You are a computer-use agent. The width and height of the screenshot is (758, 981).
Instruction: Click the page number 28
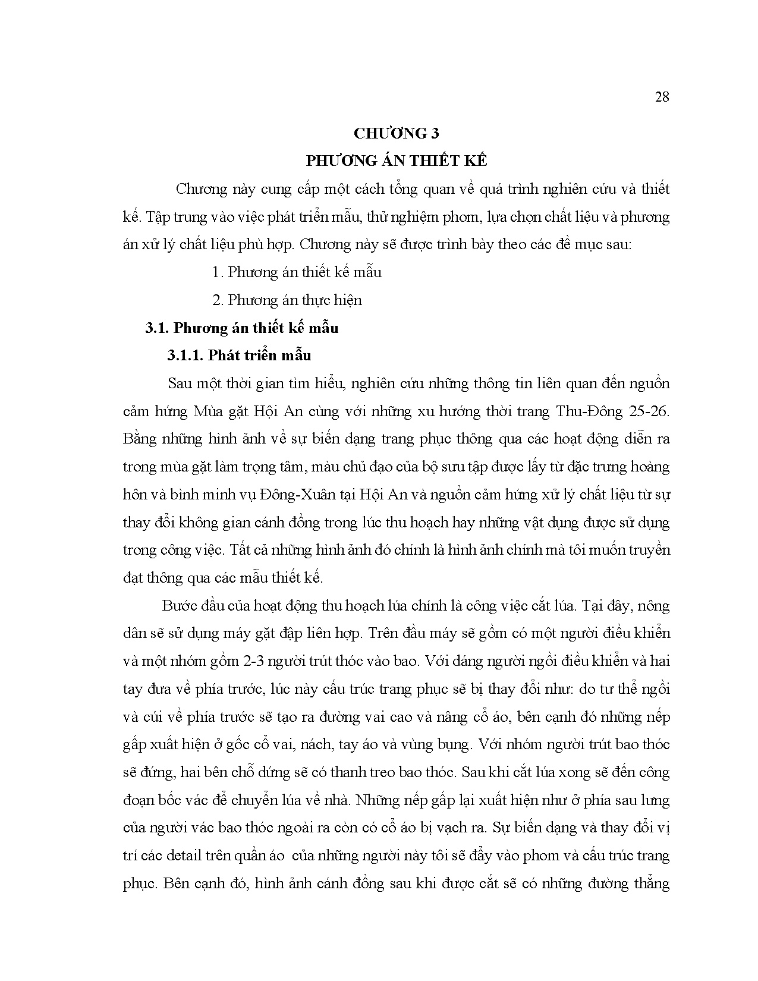pos(662,97)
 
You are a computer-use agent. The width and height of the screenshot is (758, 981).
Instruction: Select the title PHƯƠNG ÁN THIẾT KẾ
pos(396,161)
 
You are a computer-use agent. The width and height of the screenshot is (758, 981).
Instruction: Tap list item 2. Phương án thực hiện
pos(287,300)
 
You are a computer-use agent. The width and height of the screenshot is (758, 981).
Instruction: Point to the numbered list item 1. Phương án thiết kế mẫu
pos(297,272)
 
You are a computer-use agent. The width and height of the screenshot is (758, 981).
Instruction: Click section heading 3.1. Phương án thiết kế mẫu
pos(242,328)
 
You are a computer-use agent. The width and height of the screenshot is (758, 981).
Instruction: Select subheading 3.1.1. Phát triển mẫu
pos(239,356)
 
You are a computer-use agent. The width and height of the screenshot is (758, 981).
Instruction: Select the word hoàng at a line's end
pos(651,467)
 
